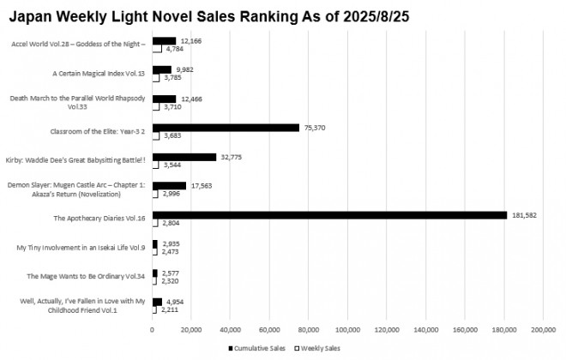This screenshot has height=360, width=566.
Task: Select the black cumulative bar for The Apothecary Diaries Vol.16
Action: tap(329, 215)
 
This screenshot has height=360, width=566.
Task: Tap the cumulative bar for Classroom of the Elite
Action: tap(226, 128)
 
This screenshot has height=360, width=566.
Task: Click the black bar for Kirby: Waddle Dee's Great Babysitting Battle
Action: tap(184, 157)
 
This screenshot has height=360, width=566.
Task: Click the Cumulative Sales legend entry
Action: tap(256, 348)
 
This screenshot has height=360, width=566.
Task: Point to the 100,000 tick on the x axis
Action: tap(347, 329)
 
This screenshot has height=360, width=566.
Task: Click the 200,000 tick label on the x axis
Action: tap(543, 329)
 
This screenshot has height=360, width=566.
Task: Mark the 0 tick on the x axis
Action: tap(152, 329)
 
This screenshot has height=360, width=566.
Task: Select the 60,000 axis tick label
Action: tap(269, 329)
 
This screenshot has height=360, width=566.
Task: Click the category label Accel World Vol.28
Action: tap(78, 45)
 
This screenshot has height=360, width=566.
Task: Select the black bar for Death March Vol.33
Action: tap(164, 99)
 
